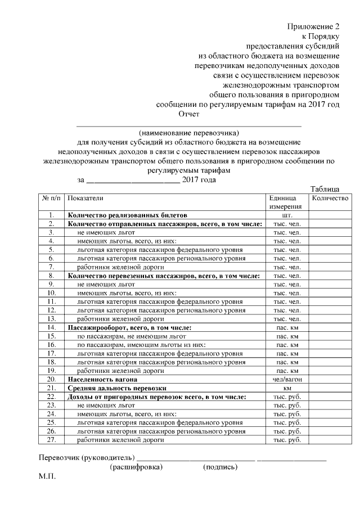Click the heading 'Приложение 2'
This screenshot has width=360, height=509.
(313, 26)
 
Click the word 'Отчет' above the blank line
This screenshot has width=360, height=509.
(189, 114)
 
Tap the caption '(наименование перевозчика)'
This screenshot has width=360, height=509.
(189, 133)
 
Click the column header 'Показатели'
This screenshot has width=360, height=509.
(85, 199)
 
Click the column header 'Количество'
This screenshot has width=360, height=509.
(330, 199)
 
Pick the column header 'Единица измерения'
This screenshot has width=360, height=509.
(285, 202)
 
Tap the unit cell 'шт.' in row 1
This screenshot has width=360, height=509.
(287, 215)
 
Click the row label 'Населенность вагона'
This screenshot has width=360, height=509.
(102, 380)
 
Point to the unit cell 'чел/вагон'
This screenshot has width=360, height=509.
(287, 380)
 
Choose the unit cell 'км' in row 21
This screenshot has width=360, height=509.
(287, 389)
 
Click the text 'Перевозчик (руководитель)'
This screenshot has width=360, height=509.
(87, 456)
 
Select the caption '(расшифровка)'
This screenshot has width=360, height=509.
(136, 467)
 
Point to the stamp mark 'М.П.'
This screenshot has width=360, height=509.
(48, 477)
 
